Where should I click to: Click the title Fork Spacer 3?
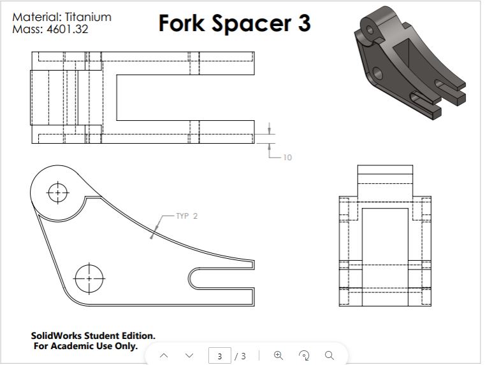(234, 23)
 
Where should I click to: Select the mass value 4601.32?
(68, 29)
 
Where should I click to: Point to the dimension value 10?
(287, 157)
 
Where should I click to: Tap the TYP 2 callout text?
(187, 216)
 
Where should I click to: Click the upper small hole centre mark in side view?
(58, 191)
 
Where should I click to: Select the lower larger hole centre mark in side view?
(89, 278)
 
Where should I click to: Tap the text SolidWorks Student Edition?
(93, 336)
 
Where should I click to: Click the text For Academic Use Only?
(85, 346)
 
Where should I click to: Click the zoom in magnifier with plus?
(278, 355)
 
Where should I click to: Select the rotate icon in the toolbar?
(304, 355)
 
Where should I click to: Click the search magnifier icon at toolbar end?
(329, 355)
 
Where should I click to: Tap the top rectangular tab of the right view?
(386, 173)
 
